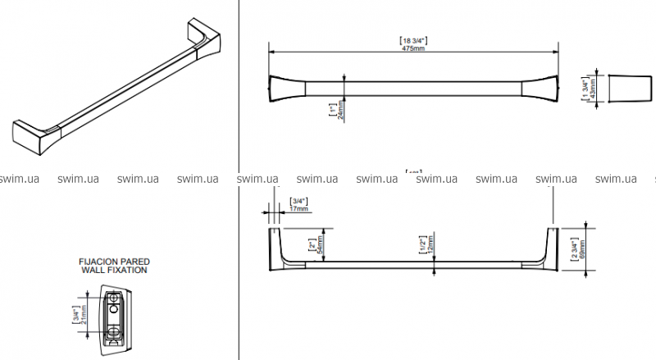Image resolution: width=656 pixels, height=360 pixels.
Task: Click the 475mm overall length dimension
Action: [412, 48]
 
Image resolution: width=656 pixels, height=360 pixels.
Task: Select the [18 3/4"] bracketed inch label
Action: [412, 40]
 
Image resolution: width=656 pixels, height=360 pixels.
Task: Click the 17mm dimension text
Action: [300, 210]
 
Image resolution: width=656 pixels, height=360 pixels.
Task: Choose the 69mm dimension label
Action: [582, 244]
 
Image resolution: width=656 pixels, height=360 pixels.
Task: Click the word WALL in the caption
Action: [96, 269]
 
